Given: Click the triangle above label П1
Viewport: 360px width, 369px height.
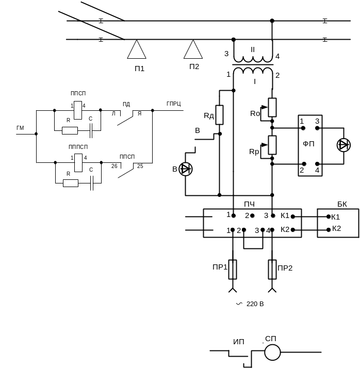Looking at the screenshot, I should [137, 51].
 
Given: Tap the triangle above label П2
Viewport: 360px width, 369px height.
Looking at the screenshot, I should [193, 50].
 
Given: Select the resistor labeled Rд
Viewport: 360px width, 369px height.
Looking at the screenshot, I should [219, 114].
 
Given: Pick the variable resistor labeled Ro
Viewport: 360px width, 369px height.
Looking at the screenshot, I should [272, 107].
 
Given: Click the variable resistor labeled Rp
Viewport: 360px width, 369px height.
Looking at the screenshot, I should [272, 145].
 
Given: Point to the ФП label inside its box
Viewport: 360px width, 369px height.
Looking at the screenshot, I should [308, 145].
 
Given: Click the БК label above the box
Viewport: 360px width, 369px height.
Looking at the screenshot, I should [342, 204].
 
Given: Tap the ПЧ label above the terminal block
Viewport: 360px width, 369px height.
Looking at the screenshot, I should [249, 205].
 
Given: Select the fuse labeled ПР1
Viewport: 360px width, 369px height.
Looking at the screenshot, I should [233, 268].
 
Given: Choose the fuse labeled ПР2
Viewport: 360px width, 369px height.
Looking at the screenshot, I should [272, 268].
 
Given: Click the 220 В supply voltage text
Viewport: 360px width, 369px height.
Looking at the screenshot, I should [254, 304].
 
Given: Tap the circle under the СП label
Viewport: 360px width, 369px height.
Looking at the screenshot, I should [272, 353].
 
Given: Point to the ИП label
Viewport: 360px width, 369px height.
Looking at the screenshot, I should [238, 342].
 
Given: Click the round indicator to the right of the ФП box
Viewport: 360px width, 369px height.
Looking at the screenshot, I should [343, 145].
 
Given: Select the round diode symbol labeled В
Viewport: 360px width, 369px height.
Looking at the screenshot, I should [185, 169].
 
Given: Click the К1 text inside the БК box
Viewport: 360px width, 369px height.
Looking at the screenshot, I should [336, 217].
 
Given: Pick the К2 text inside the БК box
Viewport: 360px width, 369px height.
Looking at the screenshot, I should [336, 228].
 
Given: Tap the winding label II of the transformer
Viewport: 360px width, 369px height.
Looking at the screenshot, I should [253, 49].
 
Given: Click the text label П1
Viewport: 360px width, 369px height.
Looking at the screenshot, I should [138, 68].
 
